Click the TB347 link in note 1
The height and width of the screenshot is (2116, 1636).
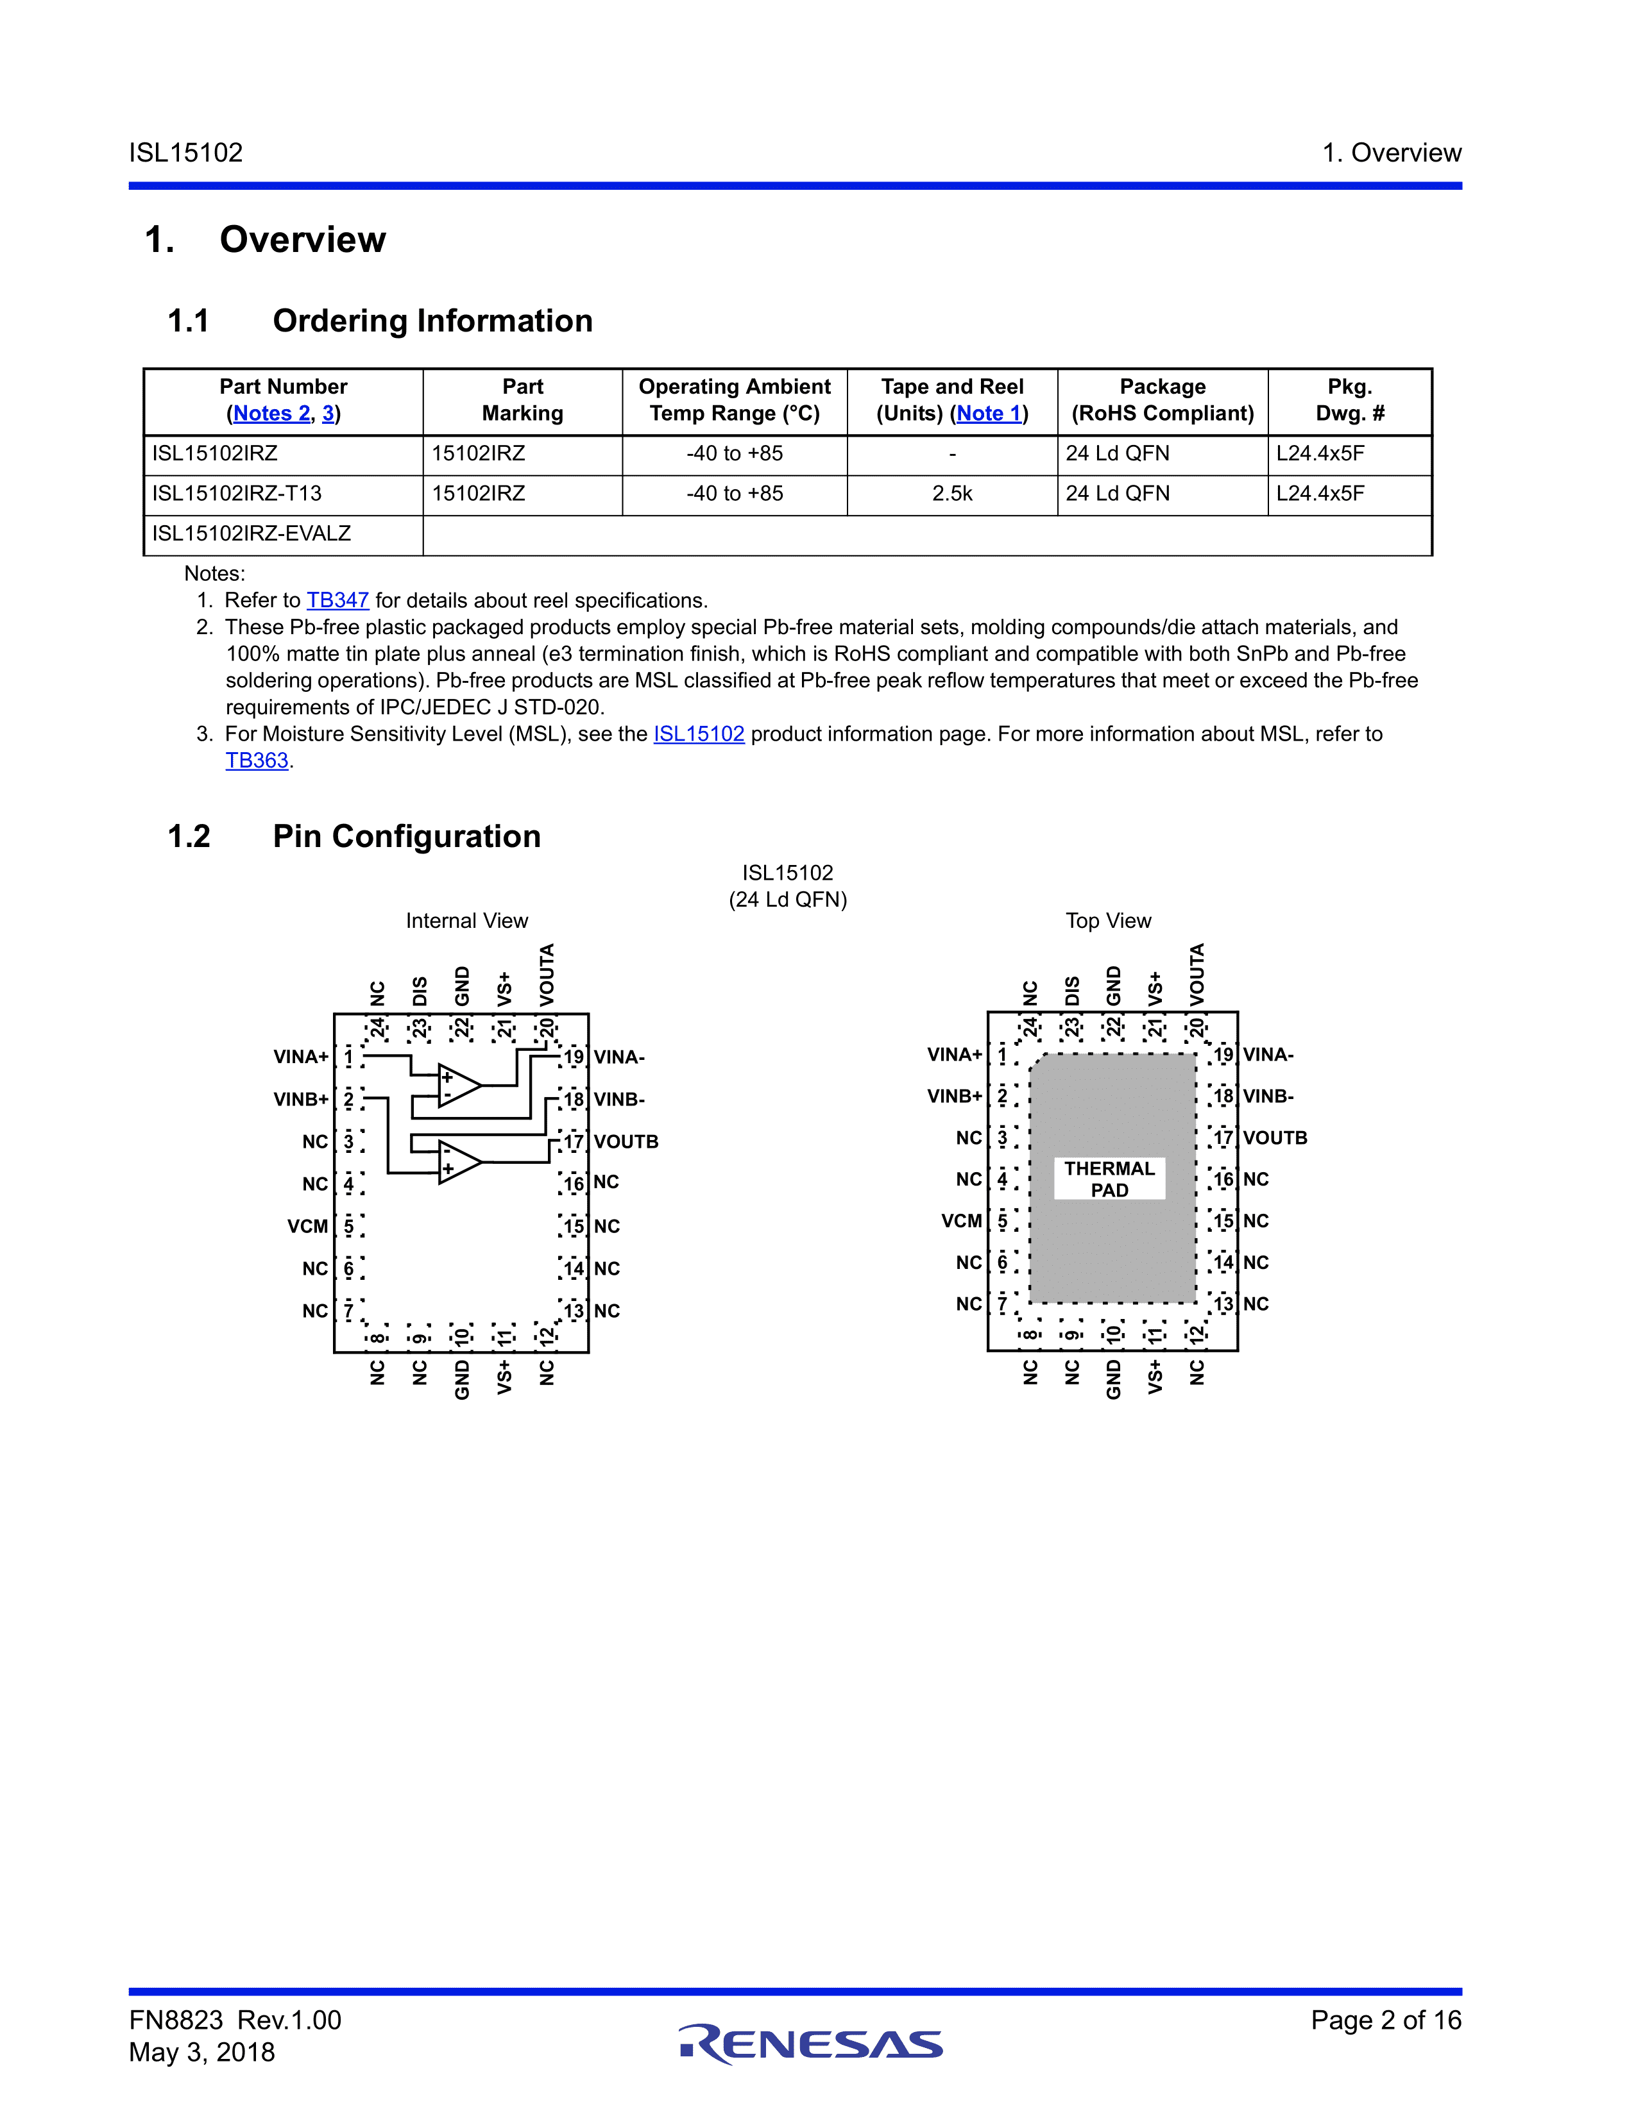tap(337, 601)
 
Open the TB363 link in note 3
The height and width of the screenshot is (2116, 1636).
tap(257, 760)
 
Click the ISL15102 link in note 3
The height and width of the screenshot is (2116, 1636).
tap(699, 734)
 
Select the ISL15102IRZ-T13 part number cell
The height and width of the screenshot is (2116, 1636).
tap(237, 494)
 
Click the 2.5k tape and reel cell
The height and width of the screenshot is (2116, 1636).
tap(951, 494)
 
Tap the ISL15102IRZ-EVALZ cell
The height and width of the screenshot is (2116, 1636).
tap(252, 534)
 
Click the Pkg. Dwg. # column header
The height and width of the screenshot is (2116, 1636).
tap(1349, 400)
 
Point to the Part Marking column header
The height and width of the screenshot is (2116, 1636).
tap(522, 400)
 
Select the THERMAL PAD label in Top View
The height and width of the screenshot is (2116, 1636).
tap(1110, 1179)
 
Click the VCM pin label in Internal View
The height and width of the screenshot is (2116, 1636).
tap(308, 1227)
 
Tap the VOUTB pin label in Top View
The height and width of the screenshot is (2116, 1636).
tap(1275, 1138)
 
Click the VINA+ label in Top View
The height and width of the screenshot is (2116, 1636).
tap(955, 1055)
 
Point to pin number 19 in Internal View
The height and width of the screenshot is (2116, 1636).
tap(575, 1057)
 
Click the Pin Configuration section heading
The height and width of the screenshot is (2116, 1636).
tap(406, 836)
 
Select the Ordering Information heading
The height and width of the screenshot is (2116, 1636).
tap(432, 321)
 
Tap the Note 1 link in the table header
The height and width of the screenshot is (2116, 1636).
tap(989, 414)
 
